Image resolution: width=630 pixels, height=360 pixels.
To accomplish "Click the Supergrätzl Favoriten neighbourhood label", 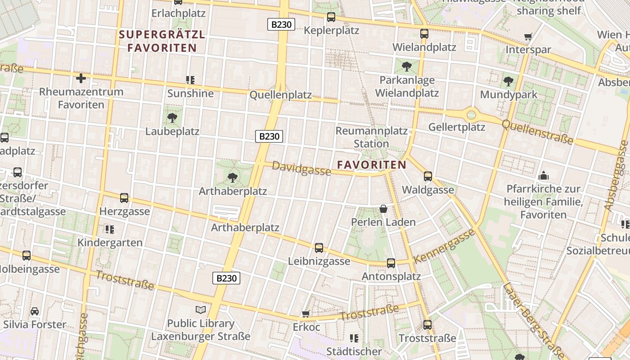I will (x=162, y=41).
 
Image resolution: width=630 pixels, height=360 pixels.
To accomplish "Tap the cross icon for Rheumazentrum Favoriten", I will (x=81, y=79).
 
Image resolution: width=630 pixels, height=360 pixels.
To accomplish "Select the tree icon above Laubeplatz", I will (x=172, y=118).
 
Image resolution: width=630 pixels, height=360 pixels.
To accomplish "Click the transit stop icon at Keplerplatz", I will (x=331, y=17).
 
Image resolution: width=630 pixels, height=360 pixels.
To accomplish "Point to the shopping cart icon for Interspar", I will (x=528, y=36).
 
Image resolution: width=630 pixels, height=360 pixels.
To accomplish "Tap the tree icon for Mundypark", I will (x=508, y=81).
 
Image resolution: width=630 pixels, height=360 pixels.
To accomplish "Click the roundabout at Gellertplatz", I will (x=471, y=115).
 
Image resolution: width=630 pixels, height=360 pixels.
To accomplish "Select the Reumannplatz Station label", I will (x=371, y=137).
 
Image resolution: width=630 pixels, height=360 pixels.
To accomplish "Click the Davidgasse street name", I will (x=301, y=169).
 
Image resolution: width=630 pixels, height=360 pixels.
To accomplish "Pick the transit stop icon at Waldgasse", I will (x=428, y=176).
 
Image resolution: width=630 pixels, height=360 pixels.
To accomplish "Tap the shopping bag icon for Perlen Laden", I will (x=383, y=209).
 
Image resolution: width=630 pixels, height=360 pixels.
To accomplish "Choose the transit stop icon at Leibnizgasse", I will (x=319, y=248).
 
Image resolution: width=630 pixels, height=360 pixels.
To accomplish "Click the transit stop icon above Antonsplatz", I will (x=391, y=263).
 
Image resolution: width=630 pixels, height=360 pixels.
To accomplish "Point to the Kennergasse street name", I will (x=444, y=246).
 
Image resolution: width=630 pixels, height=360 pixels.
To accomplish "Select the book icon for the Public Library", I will (x=201, y=310).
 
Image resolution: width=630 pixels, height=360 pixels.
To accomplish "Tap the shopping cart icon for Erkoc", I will (x=306, y=313).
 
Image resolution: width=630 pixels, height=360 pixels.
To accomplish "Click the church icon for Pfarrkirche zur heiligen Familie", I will (x=544, y=175).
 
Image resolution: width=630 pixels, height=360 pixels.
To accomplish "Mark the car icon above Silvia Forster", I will (x=35, y=311).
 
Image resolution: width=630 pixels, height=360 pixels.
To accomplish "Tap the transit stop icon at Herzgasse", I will (x=124, y=198).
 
